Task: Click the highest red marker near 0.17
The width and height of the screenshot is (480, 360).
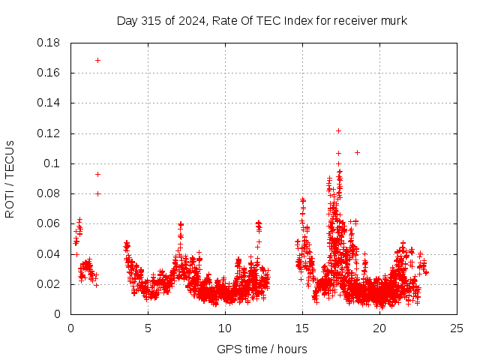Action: (97, 60)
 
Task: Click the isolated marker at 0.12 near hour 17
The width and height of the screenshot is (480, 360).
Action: (338, 130)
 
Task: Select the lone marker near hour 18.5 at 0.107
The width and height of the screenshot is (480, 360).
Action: (357, 153)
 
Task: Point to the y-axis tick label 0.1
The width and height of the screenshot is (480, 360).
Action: (53, 163)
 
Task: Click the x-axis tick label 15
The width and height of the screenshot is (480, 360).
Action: (303, 328)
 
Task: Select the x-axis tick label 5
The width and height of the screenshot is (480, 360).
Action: (148, 328)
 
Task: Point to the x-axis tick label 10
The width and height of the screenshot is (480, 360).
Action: (225, 328)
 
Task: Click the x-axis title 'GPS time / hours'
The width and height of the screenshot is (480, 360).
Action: (262, 349)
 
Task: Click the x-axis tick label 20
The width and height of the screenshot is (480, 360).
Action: (380, 328)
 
